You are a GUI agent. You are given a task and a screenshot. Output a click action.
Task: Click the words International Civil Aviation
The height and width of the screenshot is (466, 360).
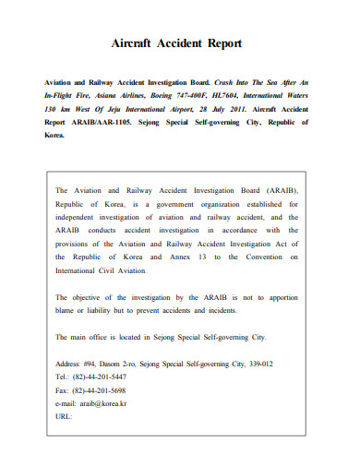point(101,271)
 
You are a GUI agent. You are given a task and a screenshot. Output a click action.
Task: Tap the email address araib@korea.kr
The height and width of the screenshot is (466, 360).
point(102,402)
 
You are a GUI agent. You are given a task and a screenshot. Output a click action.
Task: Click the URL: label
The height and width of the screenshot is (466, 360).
point(65,415)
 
